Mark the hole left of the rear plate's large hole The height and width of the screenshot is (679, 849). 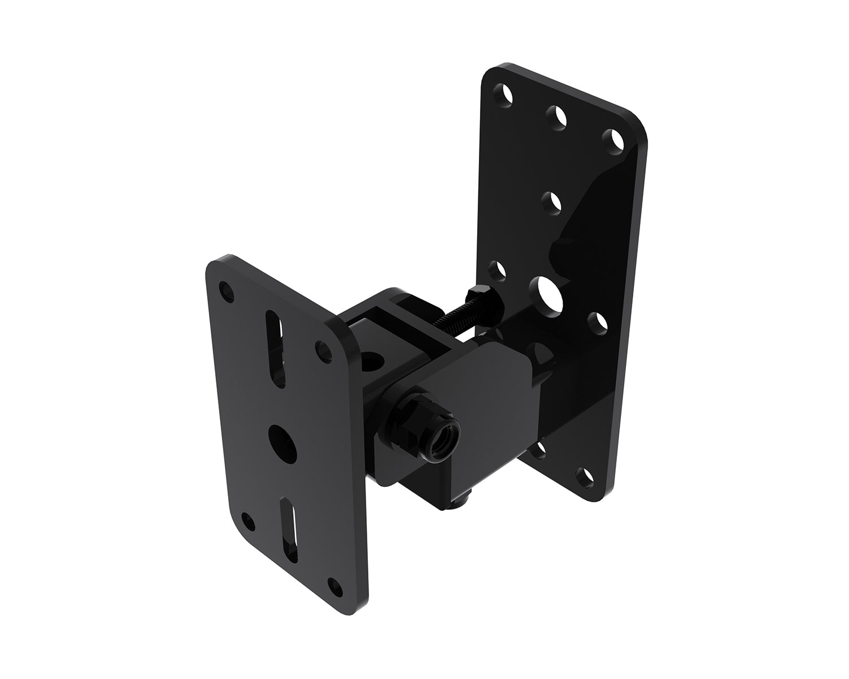click(x=496, y=270)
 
